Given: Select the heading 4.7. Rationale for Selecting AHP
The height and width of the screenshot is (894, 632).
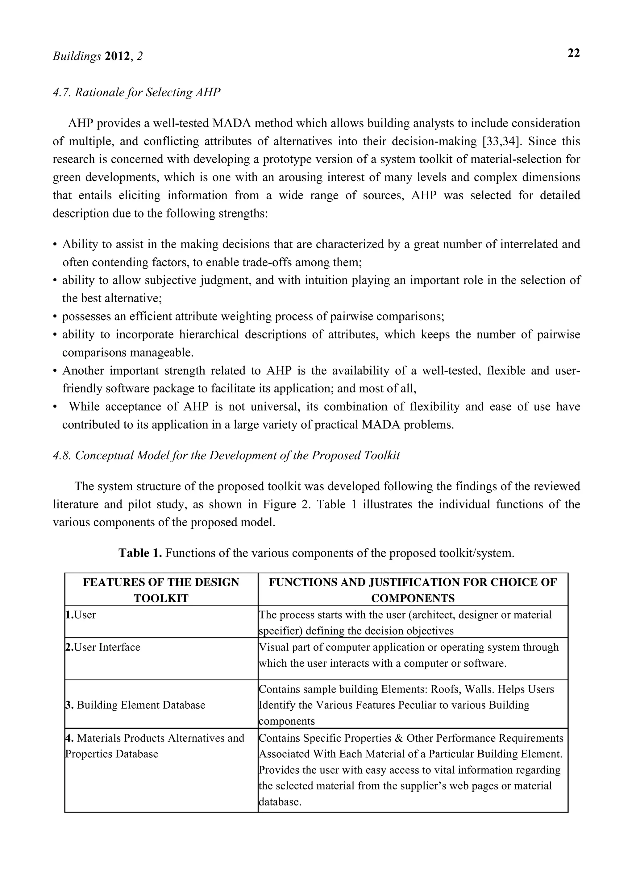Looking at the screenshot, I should coord(136,93).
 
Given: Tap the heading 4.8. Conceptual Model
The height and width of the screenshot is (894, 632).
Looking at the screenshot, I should coord(226,456).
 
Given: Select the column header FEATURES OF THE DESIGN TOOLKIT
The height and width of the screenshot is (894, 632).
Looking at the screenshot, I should coord(161,590).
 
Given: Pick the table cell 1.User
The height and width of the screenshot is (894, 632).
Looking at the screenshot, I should coord(81,615).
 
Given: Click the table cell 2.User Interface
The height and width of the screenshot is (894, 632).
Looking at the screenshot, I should coord(103,647).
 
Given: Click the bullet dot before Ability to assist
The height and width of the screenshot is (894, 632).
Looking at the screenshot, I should coord(55,245).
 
